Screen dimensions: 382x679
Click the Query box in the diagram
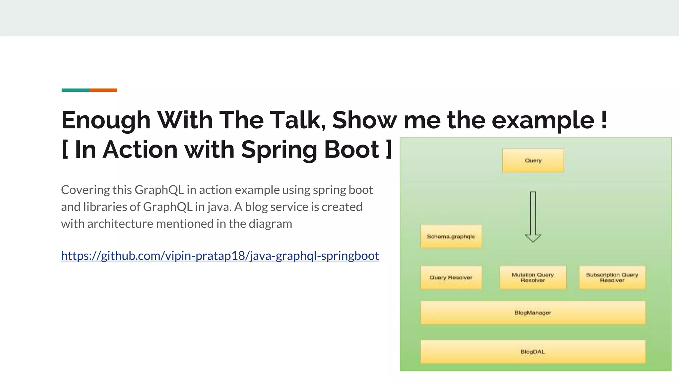click(533, 160)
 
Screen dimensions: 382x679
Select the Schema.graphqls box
click(451, 236)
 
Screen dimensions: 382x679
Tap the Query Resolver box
click(451, 278)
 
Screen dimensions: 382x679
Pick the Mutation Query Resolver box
click(533, 278)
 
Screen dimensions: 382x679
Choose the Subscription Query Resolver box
click(612, 278)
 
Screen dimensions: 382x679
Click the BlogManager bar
click(533, 313)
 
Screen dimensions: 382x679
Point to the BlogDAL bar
click(533, 351)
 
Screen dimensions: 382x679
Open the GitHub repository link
click(220, 256)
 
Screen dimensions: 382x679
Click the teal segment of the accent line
click(75, 90)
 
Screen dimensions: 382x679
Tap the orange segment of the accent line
click(103, 90)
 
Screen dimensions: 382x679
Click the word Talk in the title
click(297, 120)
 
